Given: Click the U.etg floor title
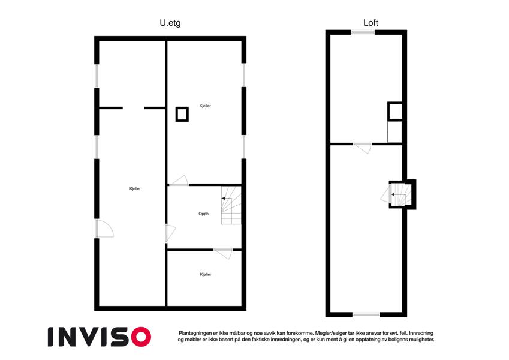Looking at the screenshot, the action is [x=170, y=23].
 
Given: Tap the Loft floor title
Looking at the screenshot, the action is [x=371, y=23].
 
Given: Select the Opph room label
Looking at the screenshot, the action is [x=203, y=214].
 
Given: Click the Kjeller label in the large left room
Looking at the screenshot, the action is [x=135, y=189].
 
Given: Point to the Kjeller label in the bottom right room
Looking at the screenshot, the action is [x=206, y=275].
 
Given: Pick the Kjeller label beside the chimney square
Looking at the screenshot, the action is [x=205, y=106].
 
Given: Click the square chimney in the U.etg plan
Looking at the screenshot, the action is [x=182, y=115].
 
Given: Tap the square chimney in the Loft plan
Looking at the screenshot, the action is [x=395, y=111].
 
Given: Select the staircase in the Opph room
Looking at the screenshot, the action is [x=231, y=205].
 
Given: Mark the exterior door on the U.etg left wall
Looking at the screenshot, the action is [x=104, y=229].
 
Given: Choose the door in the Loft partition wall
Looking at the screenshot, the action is [x=362, y=148].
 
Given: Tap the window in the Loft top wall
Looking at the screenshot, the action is [x=363, y=32].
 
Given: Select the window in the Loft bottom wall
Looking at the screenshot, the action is [x=366, y=314].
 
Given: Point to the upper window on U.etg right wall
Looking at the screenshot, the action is [x=244, y=75].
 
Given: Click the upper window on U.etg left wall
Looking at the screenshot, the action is [x=97, y=76].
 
